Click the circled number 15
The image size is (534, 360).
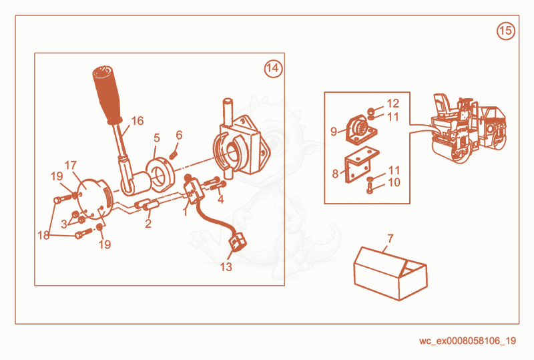[x=506, y=31]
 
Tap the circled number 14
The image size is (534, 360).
[x=273, y=69]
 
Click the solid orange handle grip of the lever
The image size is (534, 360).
[x=107, y=94]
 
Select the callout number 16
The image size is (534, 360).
[x=138, y=121]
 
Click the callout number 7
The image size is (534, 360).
[x=390, y=238]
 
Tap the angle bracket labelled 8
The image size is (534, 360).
[x=362, y=165]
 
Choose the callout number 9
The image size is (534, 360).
[x=334, y=132]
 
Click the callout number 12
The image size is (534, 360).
[x=393, y=103]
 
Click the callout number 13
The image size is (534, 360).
[x=226, y=266]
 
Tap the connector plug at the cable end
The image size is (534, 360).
[x=238, y=241]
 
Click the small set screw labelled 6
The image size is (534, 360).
[x=174, y=156]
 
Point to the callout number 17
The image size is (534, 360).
[x=71, y=166]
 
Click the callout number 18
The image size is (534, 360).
[x=43, y=235]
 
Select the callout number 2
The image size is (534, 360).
[x=148, y=224]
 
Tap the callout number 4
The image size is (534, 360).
[x=221, y=199]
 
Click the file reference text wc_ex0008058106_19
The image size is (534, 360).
[x=468, y=341]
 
